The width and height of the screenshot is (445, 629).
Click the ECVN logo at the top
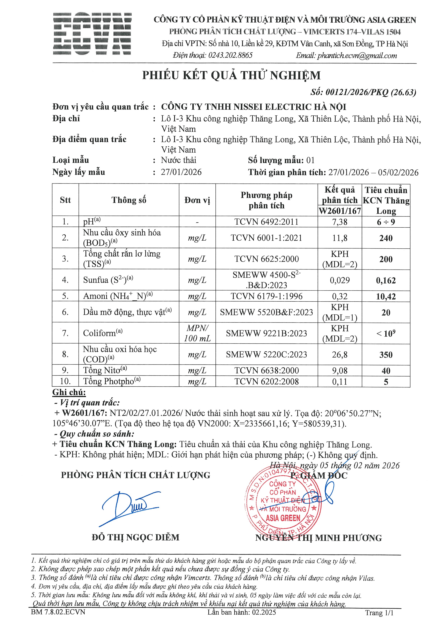tap(92, 34)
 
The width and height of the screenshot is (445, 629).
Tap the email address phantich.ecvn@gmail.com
tap(357, 56)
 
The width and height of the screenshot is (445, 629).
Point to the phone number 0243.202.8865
tap(230, 55)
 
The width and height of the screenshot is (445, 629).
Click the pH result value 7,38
tap(340, 222)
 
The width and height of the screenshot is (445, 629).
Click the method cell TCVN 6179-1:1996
tap(266, 296)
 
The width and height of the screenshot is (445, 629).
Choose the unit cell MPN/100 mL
tap(197, 333)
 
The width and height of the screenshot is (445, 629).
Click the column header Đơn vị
tap(197, 200)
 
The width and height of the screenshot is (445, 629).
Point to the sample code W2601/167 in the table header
tap(340, 211)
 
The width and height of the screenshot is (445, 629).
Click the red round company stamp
tap(283, 503)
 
